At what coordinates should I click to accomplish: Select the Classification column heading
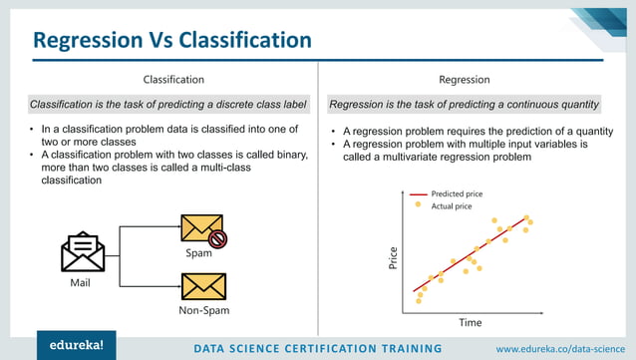[174, 79]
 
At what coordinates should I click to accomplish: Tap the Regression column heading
[464, 79]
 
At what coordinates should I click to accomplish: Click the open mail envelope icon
[83, 253]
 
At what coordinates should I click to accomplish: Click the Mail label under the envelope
[81, 283]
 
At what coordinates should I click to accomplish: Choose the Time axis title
[470, 322]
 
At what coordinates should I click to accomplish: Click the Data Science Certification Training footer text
[318, 348]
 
